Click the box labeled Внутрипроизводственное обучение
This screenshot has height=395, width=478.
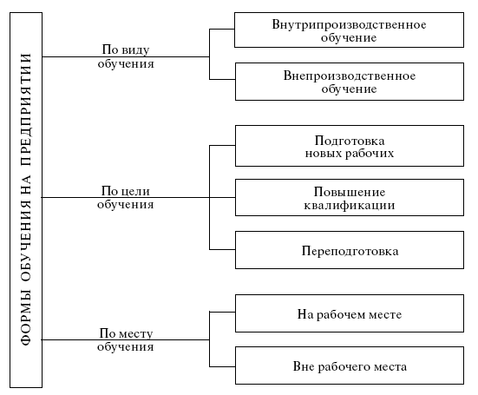point(349,30)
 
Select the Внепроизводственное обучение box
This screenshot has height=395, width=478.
point(350,82)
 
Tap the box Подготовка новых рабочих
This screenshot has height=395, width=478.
point(350,146)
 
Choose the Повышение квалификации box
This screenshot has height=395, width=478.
point(350,198)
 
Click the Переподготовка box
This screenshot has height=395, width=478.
point(350,250)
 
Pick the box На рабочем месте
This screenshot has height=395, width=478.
point(350,313)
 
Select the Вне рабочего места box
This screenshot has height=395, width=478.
point(350,365)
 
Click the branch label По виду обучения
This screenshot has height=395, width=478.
point(126,56)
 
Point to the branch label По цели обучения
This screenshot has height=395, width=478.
point(126,197)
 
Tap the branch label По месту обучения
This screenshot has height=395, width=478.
point(126,339)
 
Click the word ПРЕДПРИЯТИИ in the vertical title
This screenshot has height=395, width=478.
point(26,109)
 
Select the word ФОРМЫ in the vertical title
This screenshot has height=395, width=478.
point(26,318)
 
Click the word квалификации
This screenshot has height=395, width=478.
point(350,205)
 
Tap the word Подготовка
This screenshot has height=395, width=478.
point(350,141)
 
